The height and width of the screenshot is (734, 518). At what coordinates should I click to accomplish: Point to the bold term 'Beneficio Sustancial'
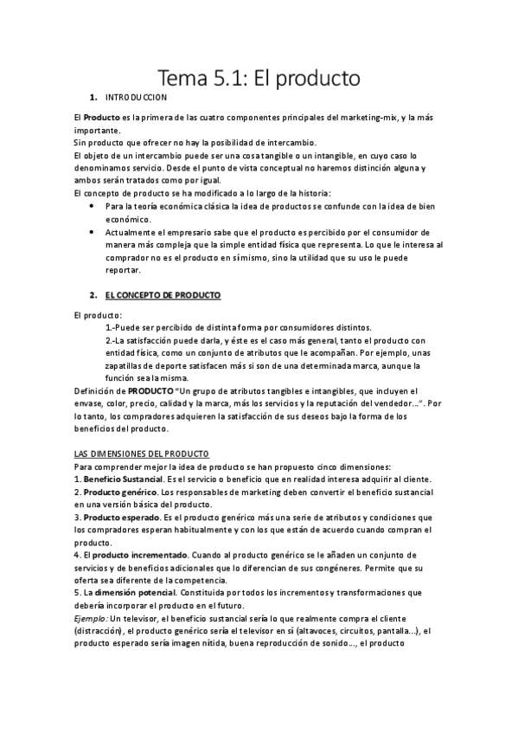click(x=122, y=480)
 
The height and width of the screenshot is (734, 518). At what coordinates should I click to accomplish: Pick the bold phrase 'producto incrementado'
click(x=138, y=554)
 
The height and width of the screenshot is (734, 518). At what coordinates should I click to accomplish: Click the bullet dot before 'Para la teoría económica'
click(x=93, y=208)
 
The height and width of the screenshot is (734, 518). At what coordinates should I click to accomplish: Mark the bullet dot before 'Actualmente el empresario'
click(x=93, y=233)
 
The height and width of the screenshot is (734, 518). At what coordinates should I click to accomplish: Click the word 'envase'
click(x=92, y=403)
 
